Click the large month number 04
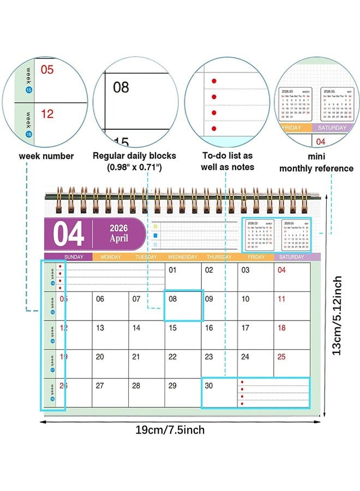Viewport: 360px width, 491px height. coord(69,234)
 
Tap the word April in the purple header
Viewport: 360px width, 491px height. coord(119,238)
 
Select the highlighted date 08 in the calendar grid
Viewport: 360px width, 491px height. coord(172,299)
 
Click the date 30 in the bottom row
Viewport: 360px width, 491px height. coord(209,385)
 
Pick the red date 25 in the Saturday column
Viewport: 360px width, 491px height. coord(281,357)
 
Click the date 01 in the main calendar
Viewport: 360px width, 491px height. coord(172,270)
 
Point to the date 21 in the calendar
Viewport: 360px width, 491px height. coord(136,357)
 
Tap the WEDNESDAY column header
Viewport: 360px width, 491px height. coord(183,257)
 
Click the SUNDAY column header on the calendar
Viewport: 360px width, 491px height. coord(74,257)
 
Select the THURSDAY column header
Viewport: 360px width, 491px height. coord(219,257)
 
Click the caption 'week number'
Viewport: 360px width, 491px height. coord(46,156)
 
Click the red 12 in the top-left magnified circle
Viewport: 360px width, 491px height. coord(47,114)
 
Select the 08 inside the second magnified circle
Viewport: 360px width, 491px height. coord(121,86)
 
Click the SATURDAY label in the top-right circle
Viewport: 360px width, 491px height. coord(332,128)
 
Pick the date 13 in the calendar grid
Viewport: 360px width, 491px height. coord(100,328)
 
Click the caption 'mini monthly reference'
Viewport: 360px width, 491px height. coord(316,162)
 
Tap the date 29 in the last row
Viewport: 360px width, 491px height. coord(172,385)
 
